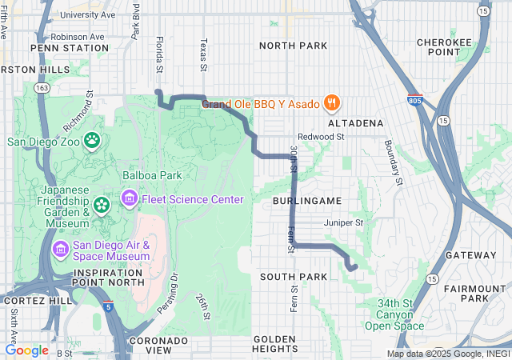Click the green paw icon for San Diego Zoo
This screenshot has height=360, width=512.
(x=93, y=141)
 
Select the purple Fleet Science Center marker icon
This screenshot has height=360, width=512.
(x=129, y=198)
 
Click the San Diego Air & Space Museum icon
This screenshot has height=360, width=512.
(x=60, y=250)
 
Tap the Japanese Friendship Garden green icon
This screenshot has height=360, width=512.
(x=102, y=206)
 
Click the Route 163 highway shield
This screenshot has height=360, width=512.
(x=42, y=86)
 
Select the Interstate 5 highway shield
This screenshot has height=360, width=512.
(x=107, y=306)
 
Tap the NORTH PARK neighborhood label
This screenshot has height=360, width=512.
(x=293, y=46)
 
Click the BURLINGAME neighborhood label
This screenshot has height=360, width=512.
(x=307, y=201)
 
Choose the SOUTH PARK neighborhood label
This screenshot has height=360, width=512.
(x=294, y=277)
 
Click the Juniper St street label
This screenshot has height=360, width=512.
(x=343, y=222)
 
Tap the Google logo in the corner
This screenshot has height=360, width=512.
(x=26, y=350)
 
